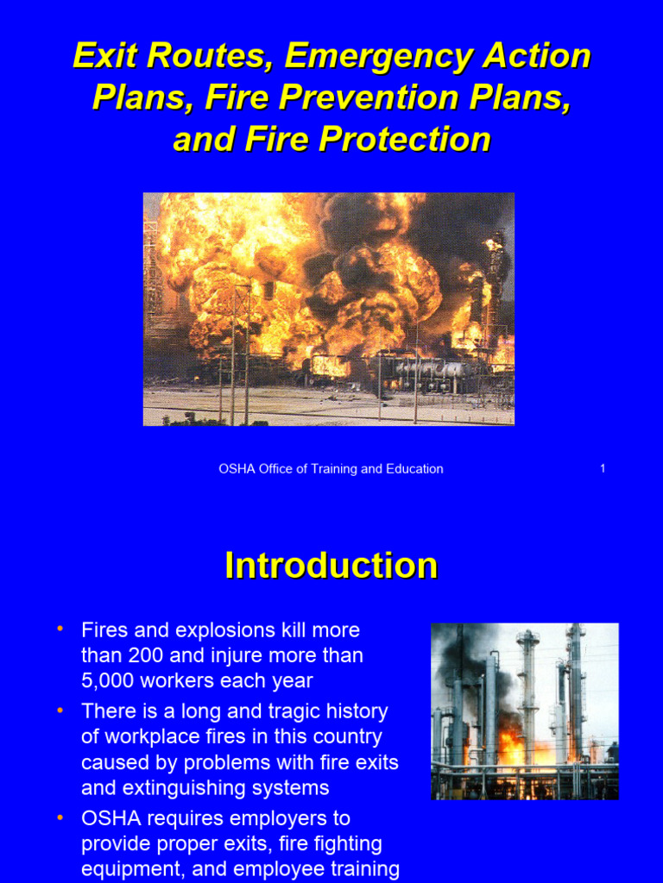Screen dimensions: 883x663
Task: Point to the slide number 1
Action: (x=603, y=469)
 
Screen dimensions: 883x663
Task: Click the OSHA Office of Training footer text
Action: (x=331, y=469)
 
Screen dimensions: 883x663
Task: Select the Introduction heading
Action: (x=331, y=566)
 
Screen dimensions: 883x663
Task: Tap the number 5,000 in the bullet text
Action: (x=110, y=681)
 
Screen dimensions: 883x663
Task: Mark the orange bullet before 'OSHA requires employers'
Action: (x=60, y=816)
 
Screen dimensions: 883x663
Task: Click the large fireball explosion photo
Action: (x=328, y=309)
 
